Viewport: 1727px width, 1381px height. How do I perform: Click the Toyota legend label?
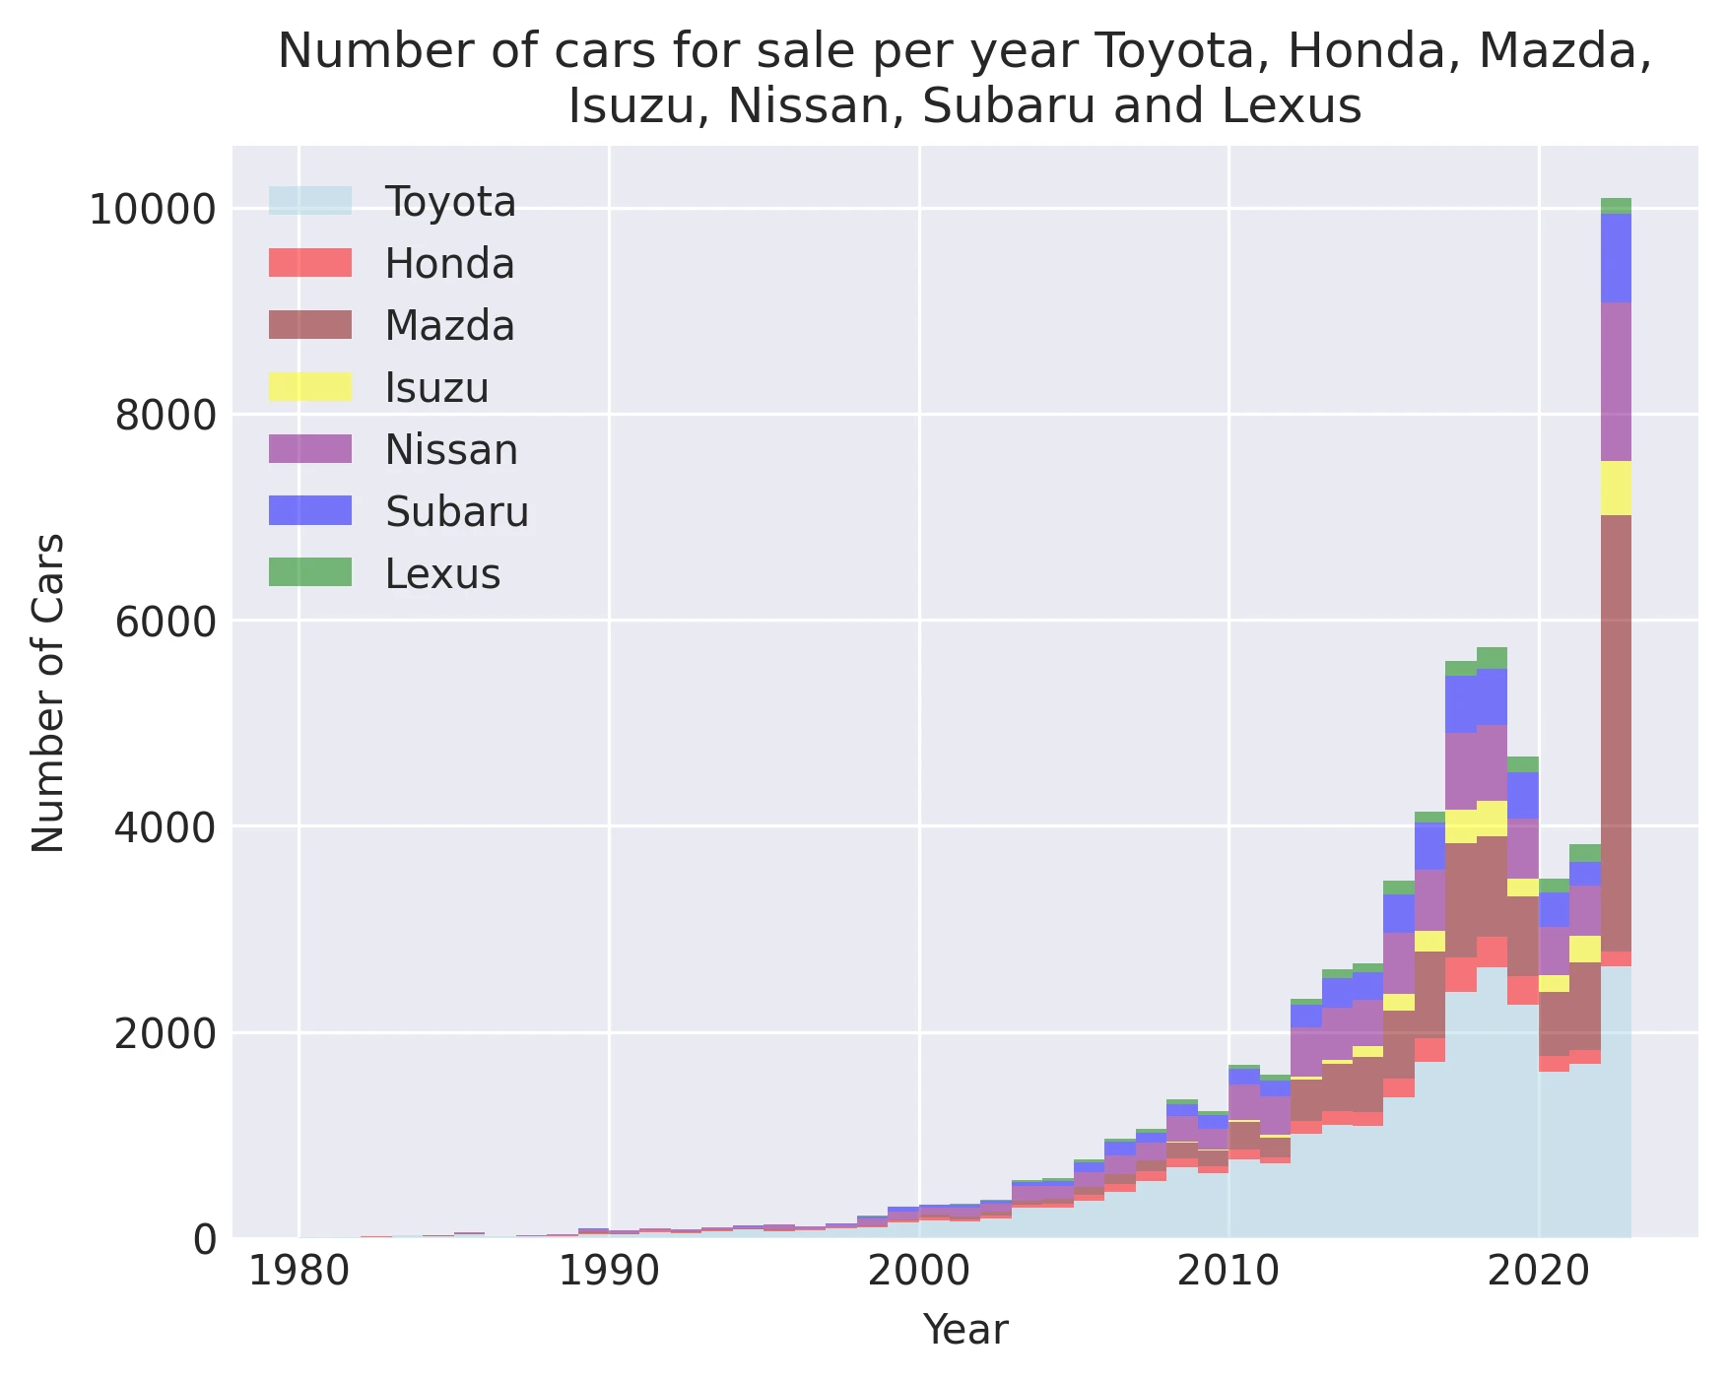point(449,202)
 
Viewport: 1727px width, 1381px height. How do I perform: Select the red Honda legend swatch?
point(309,263)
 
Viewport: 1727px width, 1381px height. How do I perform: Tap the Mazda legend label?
point(449,325)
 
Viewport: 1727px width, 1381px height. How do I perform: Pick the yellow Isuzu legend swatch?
point(309,387)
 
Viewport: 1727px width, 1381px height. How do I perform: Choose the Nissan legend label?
point(450,449)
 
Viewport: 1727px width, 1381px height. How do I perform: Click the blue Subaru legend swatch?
point(309,510)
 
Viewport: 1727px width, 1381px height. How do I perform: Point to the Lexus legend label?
point(442,573)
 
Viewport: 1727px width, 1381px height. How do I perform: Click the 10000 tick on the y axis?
point(152,210)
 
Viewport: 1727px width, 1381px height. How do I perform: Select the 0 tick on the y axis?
point(204,1239)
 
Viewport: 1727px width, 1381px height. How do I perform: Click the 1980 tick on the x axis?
point(299,1272)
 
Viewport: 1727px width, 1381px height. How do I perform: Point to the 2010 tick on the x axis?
point(1228,1272)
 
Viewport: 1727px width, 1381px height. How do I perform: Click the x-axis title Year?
point(964,1330)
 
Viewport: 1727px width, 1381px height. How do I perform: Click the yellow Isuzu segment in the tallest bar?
point(1616,488)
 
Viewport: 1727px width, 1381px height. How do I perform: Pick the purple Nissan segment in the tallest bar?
point(1616,382)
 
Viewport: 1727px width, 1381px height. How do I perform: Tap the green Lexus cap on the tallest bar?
point(1616,206)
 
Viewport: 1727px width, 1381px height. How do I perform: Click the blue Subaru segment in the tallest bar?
point(1616,258)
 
